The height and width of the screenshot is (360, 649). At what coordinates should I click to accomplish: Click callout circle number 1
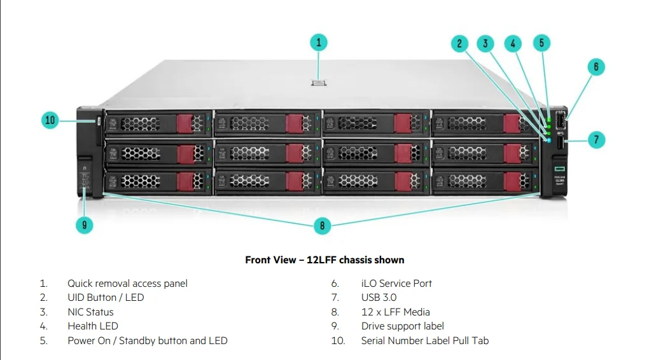319,43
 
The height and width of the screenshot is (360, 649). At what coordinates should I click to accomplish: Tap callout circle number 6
596,67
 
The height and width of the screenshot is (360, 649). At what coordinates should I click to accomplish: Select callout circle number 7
596,140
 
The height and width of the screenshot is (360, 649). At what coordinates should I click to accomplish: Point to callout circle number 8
323,225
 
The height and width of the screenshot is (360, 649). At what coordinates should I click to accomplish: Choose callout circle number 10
50,120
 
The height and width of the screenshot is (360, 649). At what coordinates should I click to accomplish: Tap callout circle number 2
459,43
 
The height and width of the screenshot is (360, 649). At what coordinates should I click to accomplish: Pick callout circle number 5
541,43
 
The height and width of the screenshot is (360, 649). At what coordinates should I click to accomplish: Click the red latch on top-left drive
184,123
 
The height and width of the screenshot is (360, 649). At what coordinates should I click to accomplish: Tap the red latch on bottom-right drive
512,182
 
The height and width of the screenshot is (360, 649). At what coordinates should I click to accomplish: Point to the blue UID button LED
548,139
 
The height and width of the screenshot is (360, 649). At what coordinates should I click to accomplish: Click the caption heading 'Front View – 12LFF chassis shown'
324,260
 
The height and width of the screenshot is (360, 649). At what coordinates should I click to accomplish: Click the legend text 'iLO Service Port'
396,284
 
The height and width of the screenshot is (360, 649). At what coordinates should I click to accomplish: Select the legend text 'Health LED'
92,326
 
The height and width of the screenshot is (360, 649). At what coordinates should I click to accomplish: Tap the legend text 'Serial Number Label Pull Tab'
424,341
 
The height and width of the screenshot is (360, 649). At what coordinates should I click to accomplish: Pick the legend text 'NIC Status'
90,312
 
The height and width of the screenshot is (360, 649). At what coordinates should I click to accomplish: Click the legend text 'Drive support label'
402,326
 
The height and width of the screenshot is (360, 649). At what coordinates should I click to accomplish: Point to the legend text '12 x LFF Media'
395,312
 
